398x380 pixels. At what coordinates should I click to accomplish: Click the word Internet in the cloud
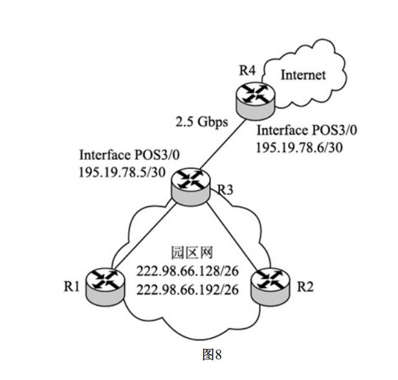pyautogui.click(x=302, y=75)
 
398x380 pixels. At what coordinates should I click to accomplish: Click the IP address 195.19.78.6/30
pyautogui.click(x=298, y=148)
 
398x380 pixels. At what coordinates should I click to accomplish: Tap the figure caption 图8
pyautogui.click(x=211, y=355)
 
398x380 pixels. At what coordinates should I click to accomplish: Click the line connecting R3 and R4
pyautogui.click(x=220, y=142)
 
